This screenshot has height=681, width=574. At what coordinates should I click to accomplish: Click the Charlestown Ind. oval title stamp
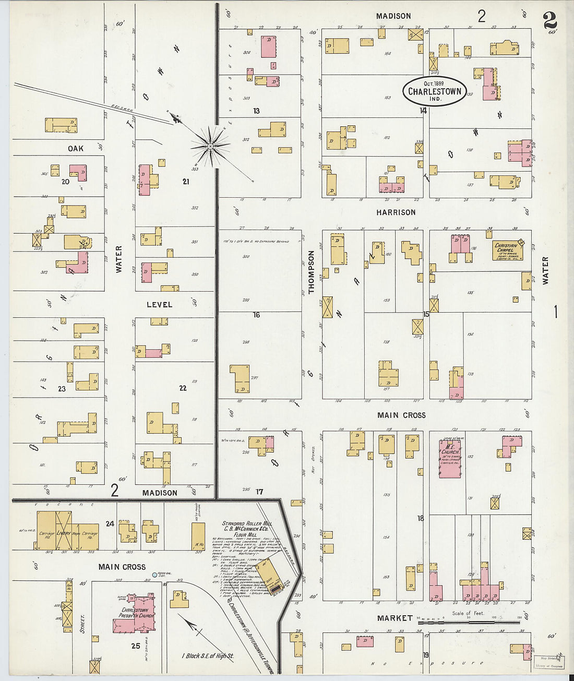tap(434, 91)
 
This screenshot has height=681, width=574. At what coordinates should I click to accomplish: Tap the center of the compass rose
tap(210, 147)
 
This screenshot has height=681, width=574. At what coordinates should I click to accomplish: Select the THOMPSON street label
tap(312, 272)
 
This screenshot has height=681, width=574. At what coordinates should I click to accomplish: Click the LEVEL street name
tap(159, 304)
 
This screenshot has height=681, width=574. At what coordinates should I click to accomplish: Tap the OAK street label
tap(76, 149)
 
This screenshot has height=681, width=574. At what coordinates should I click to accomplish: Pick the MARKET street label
tap(394, 618)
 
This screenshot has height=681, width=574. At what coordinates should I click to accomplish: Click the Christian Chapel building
tap(507, 250)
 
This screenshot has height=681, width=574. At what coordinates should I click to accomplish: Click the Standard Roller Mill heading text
tap(247, 523)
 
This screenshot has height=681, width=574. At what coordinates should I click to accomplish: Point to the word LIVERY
tap(64, 533)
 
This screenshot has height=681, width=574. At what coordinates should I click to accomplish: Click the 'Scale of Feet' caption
tap(468, 613)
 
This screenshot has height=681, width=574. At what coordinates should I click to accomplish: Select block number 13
tap(256, 111)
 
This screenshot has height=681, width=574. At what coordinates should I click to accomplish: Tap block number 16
tap(256, 315)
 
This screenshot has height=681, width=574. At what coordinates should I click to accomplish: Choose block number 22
tap(183, 388)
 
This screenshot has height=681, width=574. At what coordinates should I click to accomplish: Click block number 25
tap(136, 646)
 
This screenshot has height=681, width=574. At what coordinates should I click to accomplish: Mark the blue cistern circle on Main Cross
tap(154, 575)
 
